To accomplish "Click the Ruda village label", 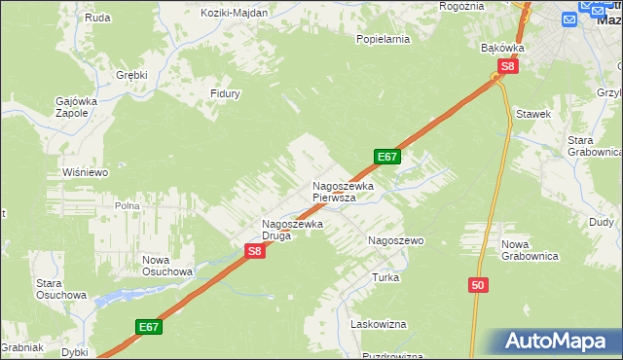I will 96,18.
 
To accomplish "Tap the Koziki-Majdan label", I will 235,13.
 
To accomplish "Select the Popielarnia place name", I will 383,40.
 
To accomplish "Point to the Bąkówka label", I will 503,47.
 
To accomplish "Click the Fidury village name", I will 225,94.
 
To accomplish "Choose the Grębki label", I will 130,75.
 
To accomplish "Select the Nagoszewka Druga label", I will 292,229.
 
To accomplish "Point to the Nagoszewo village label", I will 394,239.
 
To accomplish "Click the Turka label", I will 385,277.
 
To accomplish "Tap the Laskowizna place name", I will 380,324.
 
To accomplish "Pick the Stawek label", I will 534,115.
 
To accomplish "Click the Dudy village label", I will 602,222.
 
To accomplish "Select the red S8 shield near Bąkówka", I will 506,67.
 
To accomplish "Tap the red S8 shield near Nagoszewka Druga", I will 254,251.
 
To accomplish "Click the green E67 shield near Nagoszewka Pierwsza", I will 386,157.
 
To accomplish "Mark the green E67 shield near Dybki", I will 148,327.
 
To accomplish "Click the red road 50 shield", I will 477,285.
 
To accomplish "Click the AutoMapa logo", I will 558,342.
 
